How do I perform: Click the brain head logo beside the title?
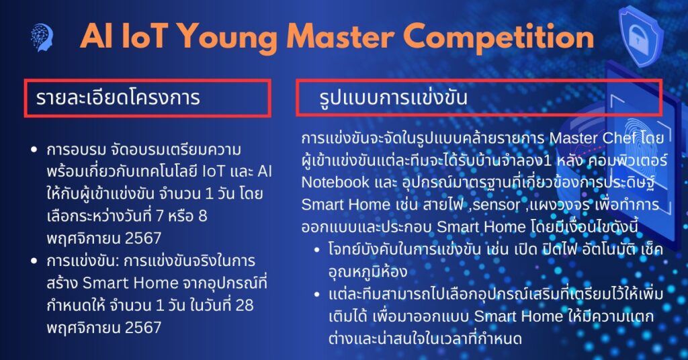tap(42, 37)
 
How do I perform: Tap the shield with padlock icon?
tap(641, 37)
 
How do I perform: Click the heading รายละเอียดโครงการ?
tap(118, 97)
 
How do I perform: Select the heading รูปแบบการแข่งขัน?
tap(393, 97)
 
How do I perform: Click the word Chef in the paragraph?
tap(619, 138)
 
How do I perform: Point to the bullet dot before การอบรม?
tap(34, 150)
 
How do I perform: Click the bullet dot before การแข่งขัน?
tap(34, 261)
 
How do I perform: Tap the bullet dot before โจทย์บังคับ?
tap(317, 251)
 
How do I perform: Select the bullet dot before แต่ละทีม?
tap(317, 295)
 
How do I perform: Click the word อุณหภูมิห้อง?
tap(368, 272)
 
